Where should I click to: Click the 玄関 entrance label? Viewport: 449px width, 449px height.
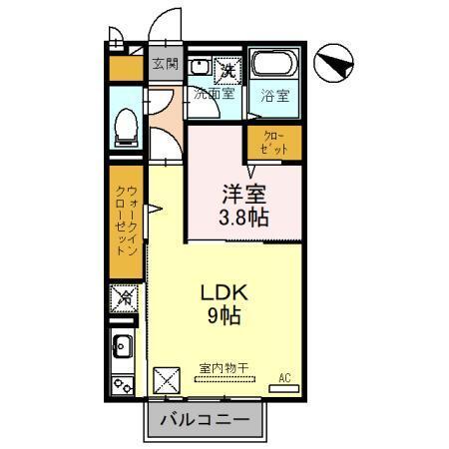click(x=165, y=65)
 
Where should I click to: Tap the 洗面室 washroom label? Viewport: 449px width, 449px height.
click(x=214, y=96)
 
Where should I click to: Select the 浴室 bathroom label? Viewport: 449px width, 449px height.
click(x=274, y=96)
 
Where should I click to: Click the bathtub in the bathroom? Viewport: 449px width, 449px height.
click(x=273, y=67)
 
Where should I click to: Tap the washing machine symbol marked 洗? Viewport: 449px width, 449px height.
click(x=228, y=70)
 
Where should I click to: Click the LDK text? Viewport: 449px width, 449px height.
click(x=225, y=294)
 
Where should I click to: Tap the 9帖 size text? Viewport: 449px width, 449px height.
click(x=225, y=318)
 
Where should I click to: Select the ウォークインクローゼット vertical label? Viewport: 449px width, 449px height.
click(x=126, y=222)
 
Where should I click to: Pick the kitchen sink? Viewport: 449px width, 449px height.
click(x=123, y=348)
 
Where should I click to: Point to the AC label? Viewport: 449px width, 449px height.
click(x=284, y=376)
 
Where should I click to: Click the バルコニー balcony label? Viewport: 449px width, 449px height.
click(x=208, y=420)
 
